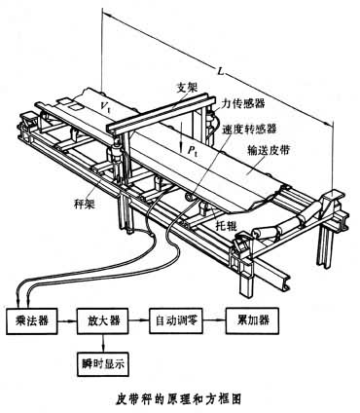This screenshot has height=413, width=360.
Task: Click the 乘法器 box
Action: tap(32, 320)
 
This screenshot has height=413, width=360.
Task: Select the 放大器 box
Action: tap(103, 320)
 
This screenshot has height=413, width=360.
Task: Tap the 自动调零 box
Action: tap(176, 320)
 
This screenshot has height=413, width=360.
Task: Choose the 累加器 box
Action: tap(253, 320)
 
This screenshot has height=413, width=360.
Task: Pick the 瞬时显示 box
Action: tap(103, 364)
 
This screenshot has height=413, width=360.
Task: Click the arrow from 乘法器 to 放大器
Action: tap(67, 320)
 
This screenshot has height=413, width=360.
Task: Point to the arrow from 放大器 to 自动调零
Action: tap(139, 320)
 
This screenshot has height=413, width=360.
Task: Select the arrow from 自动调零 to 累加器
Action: tap(215, 320)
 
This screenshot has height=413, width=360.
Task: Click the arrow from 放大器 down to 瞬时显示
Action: tap(103, 343)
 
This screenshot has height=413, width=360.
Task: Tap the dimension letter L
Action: tap(221, 71)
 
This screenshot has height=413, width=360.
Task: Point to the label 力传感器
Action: tap(243, 103)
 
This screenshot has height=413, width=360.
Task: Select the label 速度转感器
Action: tap(249, 129)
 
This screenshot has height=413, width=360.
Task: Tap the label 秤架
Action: tap(85, 204)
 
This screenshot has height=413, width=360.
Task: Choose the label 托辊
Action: tap(227, 225)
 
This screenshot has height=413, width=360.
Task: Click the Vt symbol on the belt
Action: tap(105, 105)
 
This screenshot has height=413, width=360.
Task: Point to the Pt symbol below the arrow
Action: tap(194, 149)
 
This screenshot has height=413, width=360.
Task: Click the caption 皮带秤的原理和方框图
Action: tap(179, 398)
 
